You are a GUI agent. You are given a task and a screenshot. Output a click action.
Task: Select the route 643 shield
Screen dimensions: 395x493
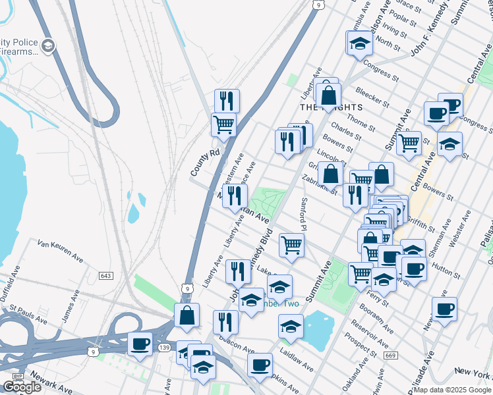[106, 275]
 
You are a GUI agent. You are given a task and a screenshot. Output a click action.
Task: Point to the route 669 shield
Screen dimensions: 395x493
[391, 356]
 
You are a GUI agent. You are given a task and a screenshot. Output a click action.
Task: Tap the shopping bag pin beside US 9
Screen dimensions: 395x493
[187, 315]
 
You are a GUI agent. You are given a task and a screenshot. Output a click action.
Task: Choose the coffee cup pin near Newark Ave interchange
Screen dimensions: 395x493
[140, 344]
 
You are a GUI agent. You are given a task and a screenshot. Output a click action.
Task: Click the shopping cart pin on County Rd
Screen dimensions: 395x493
[224, 124]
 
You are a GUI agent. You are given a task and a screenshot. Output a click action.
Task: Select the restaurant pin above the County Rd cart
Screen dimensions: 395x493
[227, 101]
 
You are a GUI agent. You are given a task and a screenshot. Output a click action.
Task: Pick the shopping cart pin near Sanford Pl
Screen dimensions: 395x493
[291, 245]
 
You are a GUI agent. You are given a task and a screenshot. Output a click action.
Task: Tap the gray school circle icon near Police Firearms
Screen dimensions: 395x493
[48, 45]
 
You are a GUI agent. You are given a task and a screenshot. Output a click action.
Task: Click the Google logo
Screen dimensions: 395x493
[22, 387]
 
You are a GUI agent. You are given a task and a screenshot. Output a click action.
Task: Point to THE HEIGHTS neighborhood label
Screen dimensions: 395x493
[331, 107]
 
